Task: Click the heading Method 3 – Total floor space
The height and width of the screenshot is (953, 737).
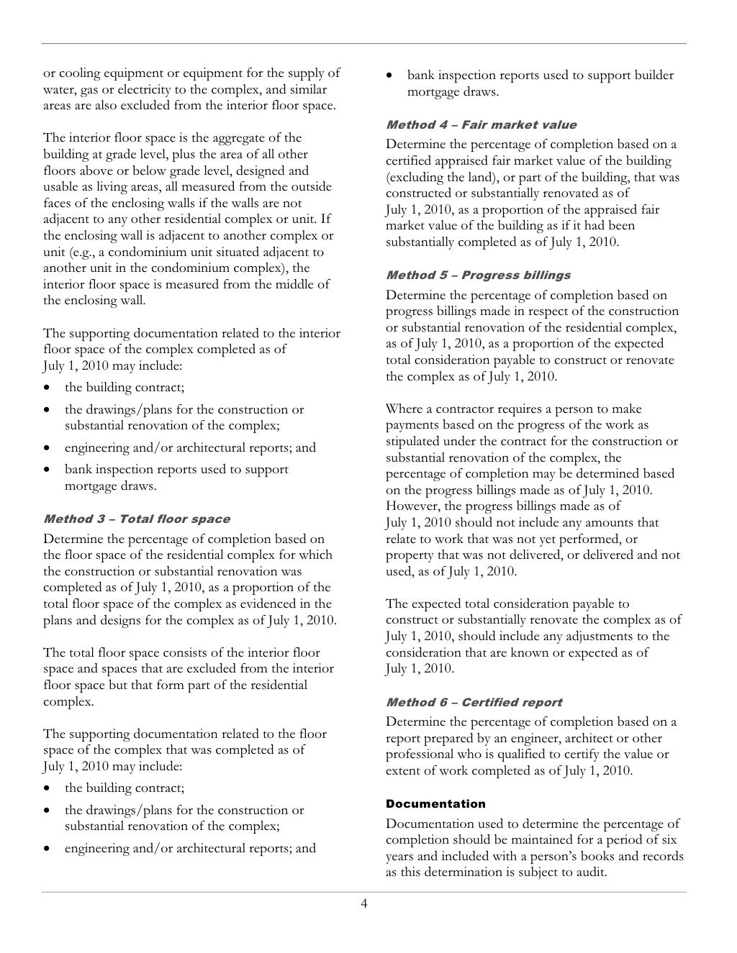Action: click(x=137, y=519)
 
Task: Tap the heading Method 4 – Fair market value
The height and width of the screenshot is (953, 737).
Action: click(x=481, y=124)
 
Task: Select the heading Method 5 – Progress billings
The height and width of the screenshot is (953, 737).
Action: click(x=478, y=275)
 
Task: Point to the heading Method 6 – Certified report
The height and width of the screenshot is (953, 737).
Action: click(x=474, y=702)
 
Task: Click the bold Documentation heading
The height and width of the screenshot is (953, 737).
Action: click(x=435, y=803)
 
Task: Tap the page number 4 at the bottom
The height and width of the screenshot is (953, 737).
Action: click(x=364, y=903)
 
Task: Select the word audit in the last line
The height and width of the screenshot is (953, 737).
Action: click(x=590, y=872)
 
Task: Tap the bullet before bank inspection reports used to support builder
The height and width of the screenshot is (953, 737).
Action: click(x=389, y=76)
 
